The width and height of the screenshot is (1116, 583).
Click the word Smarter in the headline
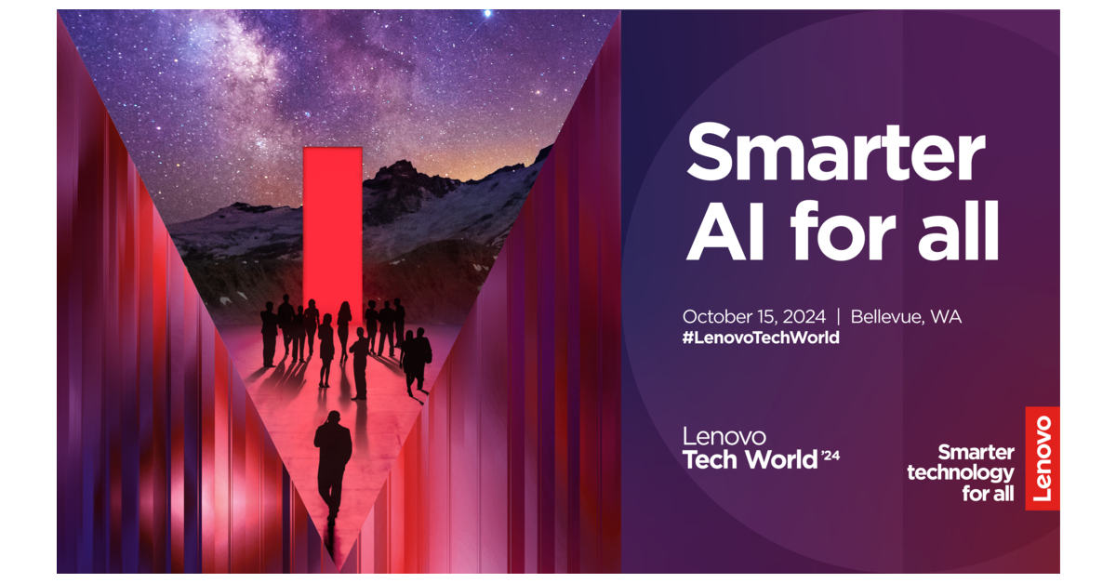click(x=835, y=152)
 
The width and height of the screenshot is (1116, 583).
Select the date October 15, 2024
click(x=754, y=317)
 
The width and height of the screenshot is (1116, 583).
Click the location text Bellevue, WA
click(x=906, y=317)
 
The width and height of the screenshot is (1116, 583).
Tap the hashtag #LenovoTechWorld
click(x=761, y=338)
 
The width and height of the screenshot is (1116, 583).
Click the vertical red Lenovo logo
click(x=1043, y=458)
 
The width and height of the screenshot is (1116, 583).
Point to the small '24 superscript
click(x=830, y=456)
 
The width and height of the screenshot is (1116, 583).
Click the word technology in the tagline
click(x=960, y=473)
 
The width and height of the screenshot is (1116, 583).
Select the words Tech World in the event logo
click(x=750, y=459)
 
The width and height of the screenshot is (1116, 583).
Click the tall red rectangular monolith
click(x=333, y=234)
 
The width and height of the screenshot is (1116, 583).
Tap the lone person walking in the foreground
click(x=332, y=466)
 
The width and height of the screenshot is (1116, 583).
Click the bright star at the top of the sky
click(x=487, y=13)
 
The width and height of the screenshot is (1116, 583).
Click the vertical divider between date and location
click(x=838, y=317)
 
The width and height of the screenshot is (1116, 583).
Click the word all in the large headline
click(x=959, y=231)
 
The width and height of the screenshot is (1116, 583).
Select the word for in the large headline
click(x=843, y=231)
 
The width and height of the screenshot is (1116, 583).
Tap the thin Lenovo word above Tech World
click(x=724, y=436)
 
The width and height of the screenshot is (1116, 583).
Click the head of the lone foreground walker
click(x=333, y=417)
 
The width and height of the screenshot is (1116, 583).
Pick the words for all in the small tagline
click(x=988, y=494)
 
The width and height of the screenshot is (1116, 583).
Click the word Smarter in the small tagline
click(x=976, y=453)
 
